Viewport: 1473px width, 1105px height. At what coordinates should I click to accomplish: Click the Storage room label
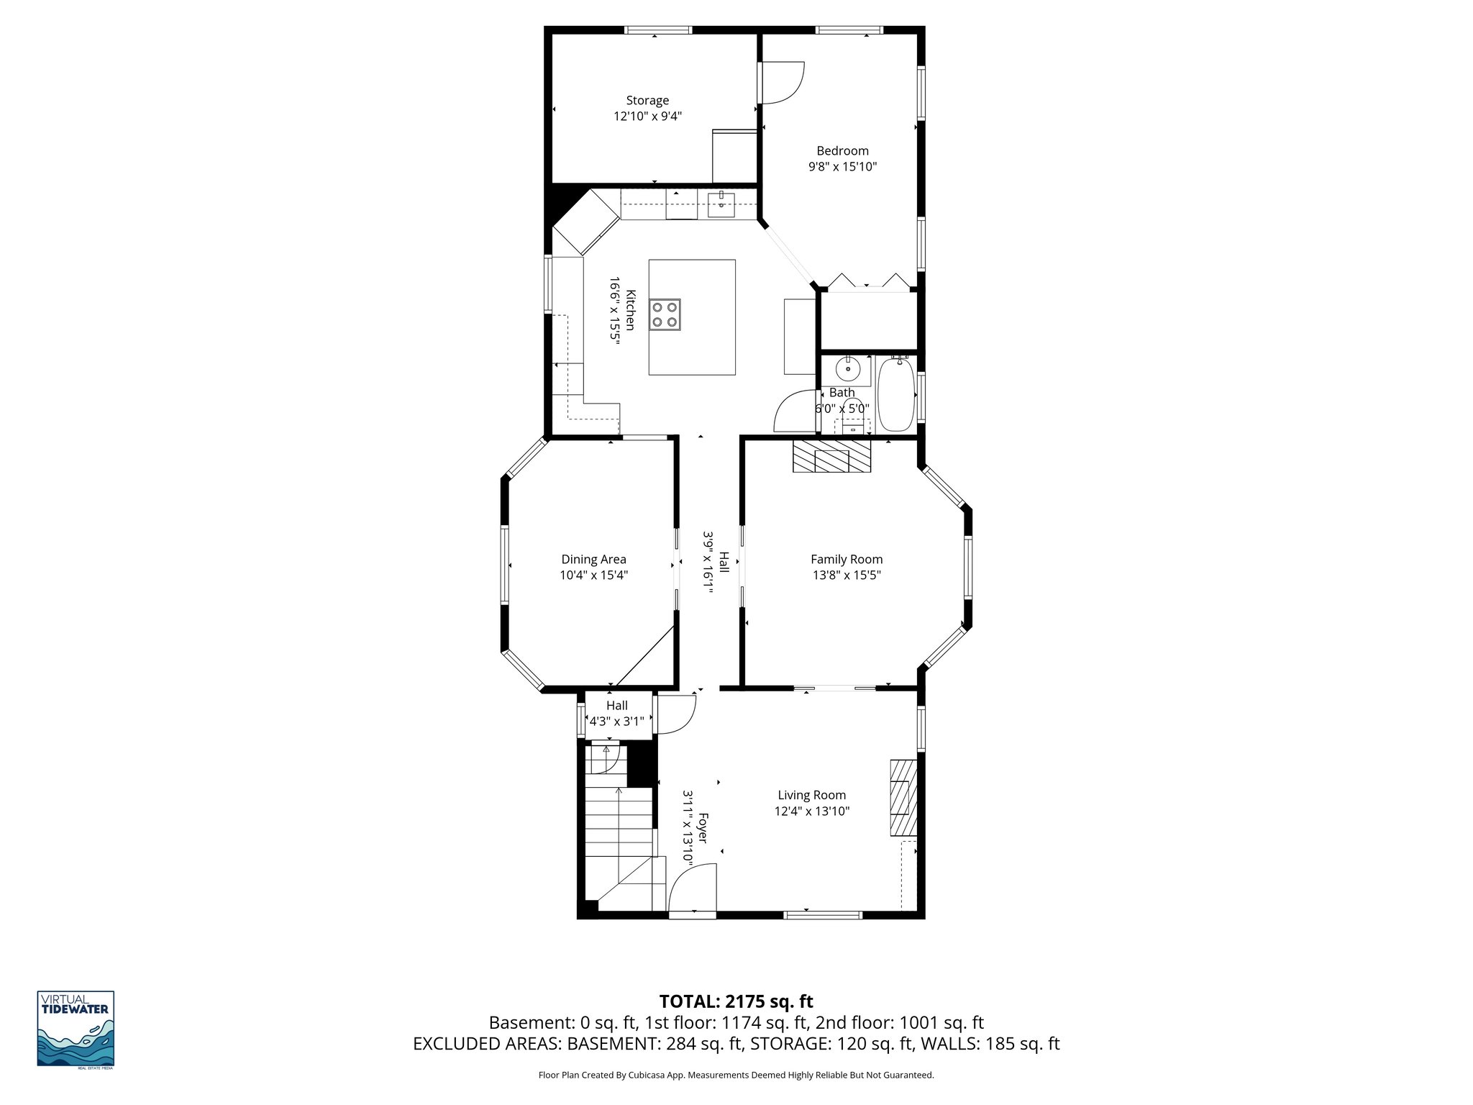(647, 101)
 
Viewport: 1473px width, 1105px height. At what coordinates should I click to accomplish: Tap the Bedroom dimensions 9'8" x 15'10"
(842, 167)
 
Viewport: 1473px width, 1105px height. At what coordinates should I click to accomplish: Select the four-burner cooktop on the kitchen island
(665, 314)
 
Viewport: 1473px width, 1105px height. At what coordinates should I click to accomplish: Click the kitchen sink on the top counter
(721, 204)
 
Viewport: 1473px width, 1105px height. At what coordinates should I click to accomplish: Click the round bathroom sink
(848, 369)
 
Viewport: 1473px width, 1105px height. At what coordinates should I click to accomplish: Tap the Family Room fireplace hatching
(831, 457)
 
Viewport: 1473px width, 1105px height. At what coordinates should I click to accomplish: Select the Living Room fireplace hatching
(903, 797)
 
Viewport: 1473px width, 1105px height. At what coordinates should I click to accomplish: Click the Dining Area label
(593, 560)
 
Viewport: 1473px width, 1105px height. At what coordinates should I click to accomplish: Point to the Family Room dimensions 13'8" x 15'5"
(846, 576)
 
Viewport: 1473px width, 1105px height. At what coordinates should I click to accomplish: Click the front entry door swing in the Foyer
(692, 888)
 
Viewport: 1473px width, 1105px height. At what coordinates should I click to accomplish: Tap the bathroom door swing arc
(793, 411)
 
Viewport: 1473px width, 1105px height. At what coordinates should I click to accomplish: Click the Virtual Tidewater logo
(76, 1028)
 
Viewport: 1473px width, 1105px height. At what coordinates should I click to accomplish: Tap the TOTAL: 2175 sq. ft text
(736, 1001)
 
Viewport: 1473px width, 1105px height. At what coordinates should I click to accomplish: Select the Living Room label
(811, 795)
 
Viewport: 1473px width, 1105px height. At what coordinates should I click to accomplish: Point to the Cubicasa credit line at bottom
(736, 1076)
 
